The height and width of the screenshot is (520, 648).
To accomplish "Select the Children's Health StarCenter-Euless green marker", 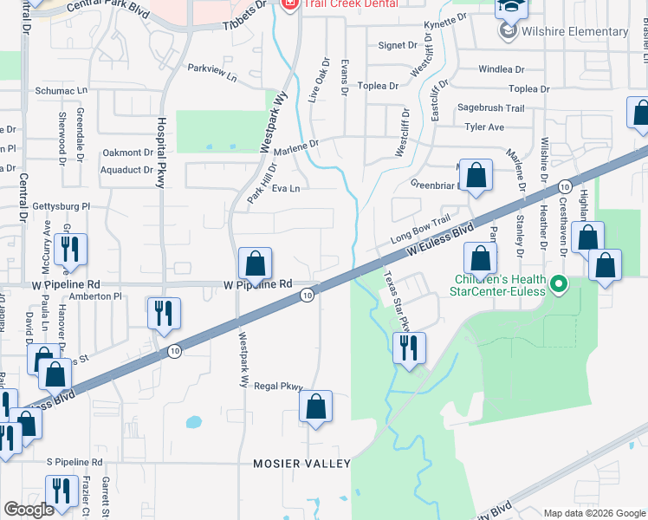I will (559, 283).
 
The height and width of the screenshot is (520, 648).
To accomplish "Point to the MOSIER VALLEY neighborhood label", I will (301, 464).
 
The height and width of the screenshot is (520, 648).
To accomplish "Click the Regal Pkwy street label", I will (277, 387).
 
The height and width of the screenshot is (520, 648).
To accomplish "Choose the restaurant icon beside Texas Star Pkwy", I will (408, 348).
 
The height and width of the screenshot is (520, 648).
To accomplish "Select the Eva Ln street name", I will (286, 188).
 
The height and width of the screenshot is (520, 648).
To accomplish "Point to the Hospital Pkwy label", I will (161, 153).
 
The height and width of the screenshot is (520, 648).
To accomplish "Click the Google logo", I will (29, 509).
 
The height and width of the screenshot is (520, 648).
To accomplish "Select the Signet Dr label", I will (399, 45).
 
